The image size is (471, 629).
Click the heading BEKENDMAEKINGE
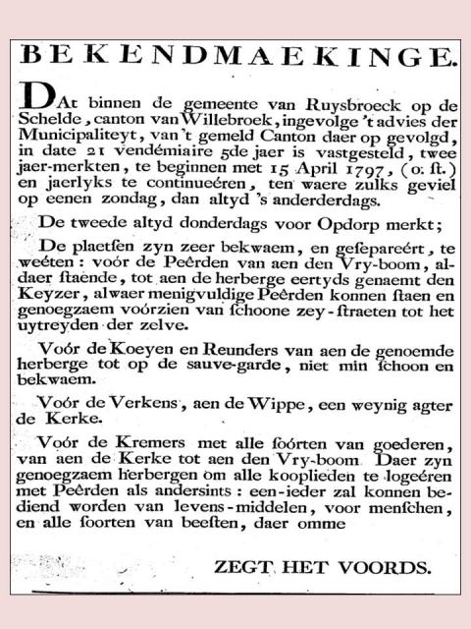[x=236, y=55]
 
